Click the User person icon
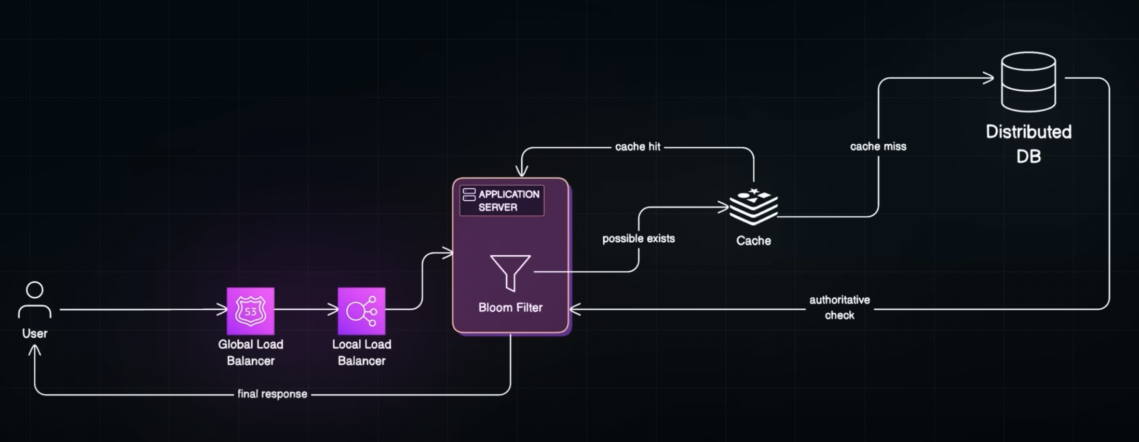(x=35, y=299)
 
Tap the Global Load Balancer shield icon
(x=251, y=311)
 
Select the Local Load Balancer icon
(x=362, y=311)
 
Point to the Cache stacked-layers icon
(x=754, y=207)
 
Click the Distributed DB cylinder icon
(x=1028, y=82)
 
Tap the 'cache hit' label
(x=638, y=147)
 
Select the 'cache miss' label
(x=878, y=146)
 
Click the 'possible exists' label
(x=639, y=239)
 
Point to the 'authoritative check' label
(x=839, y=308)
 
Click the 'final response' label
(x=273, y=394)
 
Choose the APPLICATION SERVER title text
(x=509, y=201)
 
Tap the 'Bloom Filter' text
(x=510, y=308)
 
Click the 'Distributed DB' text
(x=1028, y=144)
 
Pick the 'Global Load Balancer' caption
(x=251, y=352)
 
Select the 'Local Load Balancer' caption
(x=362, y=352)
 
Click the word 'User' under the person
(x=35, y=334)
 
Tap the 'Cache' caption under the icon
(x=754, y=241)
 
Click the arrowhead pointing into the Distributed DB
(x=988, y=78)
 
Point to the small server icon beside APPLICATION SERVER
(x=469, y=195)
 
